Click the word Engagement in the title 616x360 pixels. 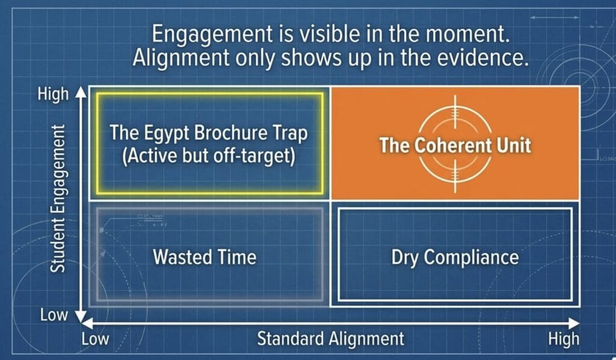(212, 34)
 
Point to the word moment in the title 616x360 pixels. (467, 33)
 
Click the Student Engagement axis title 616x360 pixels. (58, 199)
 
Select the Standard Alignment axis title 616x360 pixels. (331, 338)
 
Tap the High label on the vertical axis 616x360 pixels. (53, 95)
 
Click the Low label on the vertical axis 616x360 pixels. (54, 315)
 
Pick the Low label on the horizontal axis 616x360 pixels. (95, 338)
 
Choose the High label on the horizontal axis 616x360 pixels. (564, 339)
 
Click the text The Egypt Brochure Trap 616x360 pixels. (209, 133)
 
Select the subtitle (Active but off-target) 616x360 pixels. (209, 156)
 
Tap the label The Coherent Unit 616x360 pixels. (455, 145)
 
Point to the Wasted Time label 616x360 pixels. (205, 257)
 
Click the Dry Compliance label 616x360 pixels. (455, 258)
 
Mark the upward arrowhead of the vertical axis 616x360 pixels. (81, 92)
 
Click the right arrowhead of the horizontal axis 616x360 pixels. (574, 323)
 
